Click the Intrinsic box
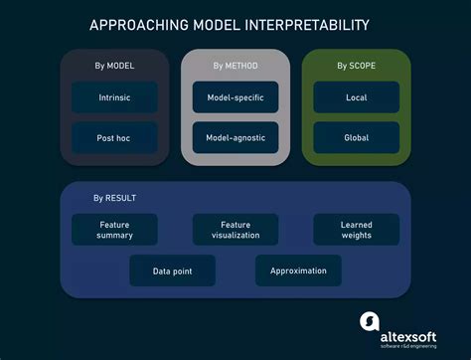(x=114, y=97)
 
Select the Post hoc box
(x=114, y=137)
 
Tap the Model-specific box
(x=235, y=97)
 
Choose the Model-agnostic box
(x=235, y=137)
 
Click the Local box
(x=357, y=97)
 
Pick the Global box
(x=357, y=137)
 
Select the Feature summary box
(x=114, y=230)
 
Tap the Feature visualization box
(x=235, y=230)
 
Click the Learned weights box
(x=357, y=230)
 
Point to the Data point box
(x=172, y=270)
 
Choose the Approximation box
(x=298, y=270)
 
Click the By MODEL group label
(x=114, y=67)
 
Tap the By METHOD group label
(x=235, y=67)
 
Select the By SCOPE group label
(x=357, y=67)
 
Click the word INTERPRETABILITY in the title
(x=312, y=23)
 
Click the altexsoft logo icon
(x=369, y=323)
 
